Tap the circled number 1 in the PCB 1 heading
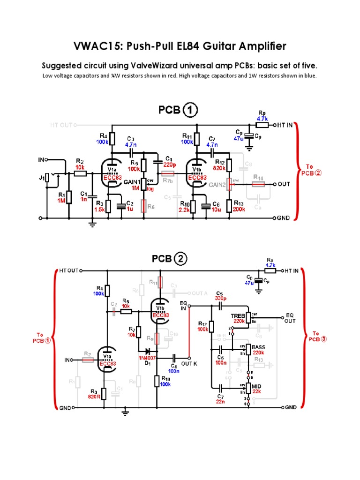point(190,111)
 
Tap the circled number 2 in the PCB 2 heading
point(180,259)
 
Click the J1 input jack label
point(41,177)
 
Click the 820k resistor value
point(220,168)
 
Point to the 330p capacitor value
point(220,298)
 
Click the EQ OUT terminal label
point(290,318)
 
